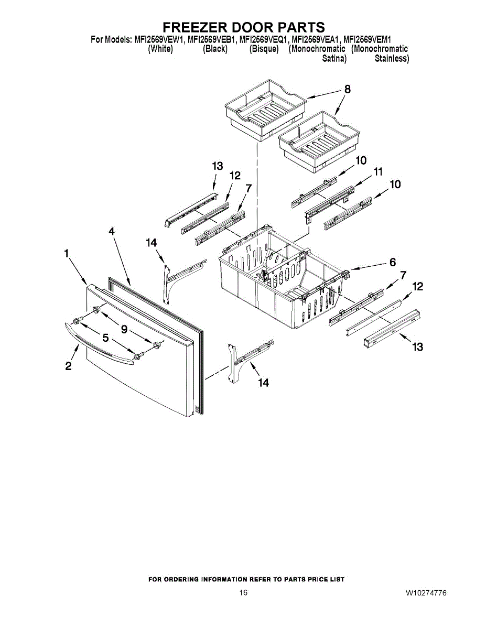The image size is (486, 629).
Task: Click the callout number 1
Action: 67,254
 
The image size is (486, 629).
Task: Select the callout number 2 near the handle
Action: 69,367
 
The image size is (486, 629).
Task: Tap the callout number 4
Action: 112,231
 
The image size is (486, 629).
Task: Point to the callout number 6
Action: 393,263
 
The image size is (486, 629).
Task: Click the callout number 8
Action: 347,90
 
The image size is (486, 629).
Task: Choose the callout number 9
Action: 124,329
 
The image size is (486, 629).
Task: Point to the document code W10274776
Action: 426,593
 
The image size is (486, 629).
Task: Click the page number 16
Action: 243,593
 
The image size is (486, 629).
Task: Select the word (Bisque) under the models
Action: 264,49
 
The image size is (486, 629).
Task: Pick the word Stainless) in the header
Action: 392,59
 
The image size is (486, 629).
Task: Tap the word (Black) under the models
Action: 215,49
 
